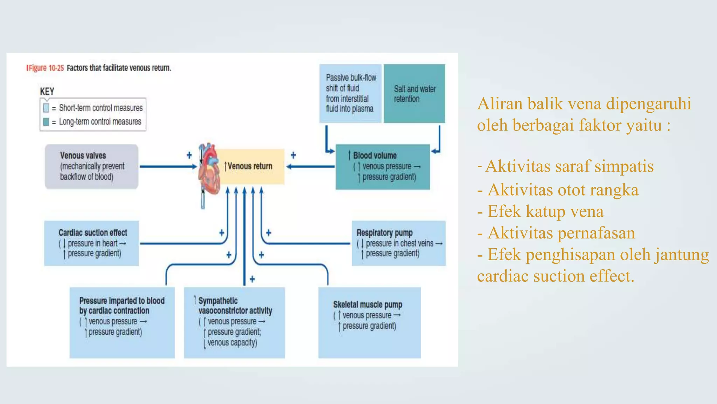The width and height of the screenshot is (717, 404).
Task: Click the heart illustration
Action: (x=209, y=168)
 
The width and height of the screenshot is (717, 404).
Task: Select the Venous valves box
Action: (x=91, y=167)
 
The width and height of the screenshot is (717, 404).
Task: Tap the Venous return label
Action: (x=249, y=166)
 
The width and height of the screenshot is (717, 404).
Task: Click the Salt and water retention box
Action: (x=414, y=94)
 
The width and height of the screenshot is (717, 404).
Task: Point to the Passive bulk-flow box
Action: (x=350, y=94)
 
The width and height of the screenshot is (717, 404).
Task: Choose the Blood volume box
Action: (x=383, y=167)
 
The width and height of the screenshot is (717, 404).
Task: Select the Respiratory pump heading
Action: (x=384, y=233)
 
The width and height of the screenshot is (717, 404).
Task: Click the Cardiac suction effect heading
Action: (x=93, y=233)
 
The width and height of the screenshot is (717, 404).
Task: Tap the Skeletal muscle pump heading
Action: (x=368, y=304)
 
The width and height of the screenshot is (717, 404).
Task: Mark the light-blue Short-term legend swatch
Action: (x=46, y=108)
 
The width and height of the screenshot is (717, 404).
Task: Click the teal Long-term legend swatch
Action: (x=46, y=122)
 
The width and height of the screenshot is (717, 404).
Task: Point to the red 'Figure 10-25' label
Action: (x=46, y=68)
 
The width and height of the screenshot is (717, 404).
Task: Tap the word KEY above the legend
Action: (x=47, y=92)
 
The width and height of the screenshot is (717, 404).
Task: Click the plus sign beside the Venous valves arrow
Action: (x=189, y=155)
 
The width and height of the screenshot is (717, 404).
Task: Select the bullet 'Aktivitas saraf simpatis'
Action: (x=569, y=166)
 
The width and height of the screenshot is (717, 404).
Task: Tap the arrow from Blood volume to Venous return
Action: (x=310, y=167)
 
